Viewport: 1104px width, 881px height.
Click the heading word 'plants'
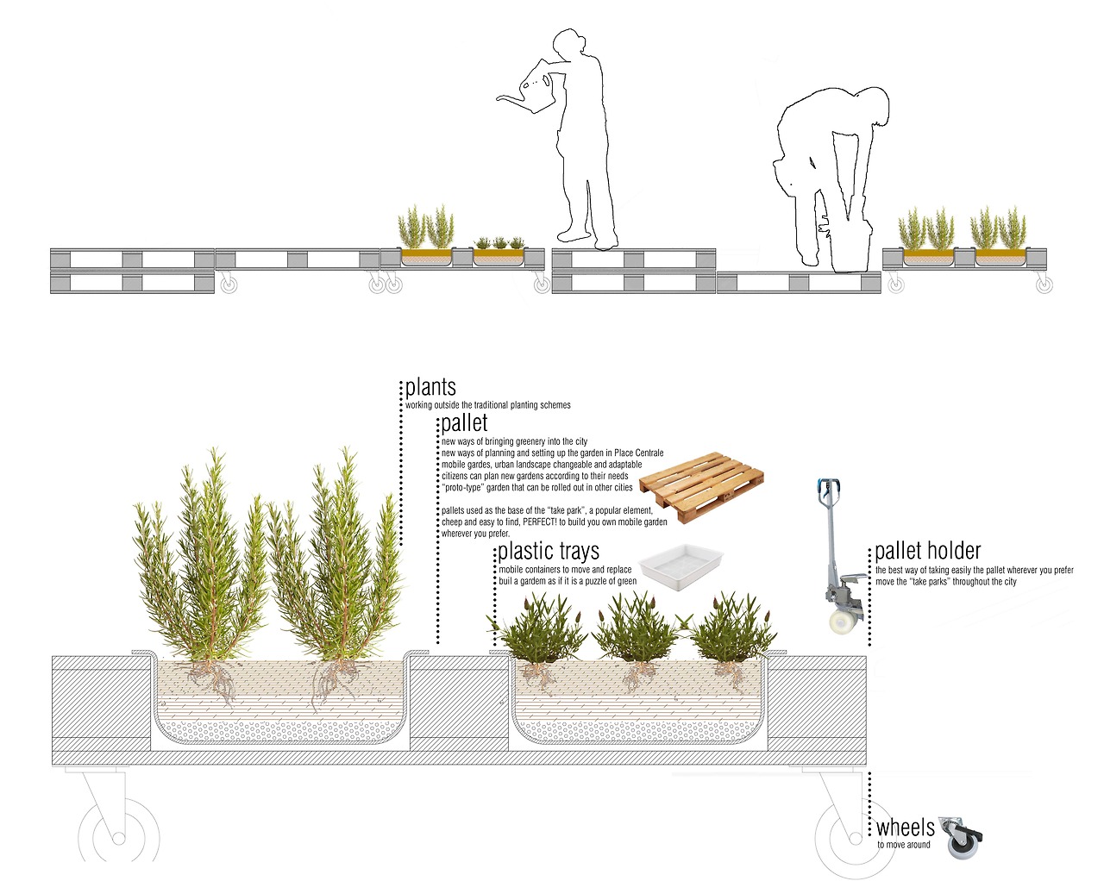(x=430, y=388)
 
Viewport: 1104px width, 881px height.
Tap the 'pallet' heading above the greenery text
(x=464, y=423)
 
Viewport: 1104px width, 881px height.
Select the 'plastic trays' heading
(x=549, y=552)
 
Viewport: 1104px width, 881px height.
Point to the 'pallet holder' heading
(x=927, y=551)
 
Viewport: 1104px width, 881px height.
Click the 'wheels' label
(x=906, y=828)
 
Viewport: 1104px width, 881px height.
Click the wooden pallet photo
(x=702, y=487)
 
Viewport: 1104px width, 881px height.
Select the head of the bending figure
(x=872, y=105)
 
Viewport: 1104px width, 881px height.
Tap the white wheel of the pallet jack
(x=843, y=621)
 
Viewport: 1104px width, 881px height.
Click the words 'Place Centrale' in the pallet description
(x=639, y=453)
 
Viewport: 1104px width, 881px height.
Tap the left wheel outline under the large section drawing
(x=118, y=838)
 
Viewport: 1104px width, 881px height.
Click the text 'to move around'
(x=903, y=845)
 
